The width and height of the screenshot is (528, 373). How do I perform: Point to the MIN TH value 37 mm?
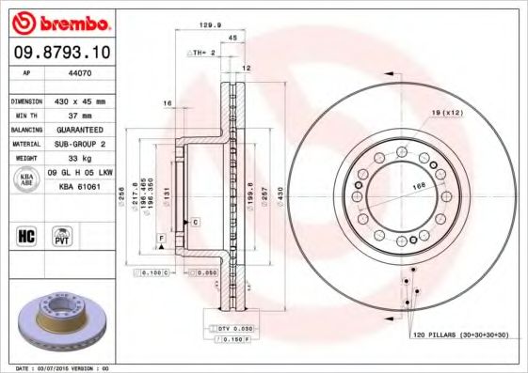(x=75, y=114)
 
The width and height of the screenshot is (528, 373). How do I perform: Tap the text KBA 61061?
(x=80, y=188)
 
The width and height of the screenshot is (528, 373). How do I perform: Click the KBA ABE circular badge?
(x=26, y=180)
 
